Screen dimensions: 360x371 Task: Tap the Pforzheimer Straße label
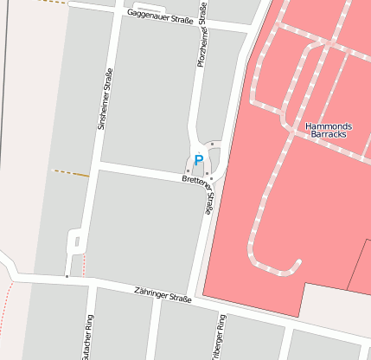(201, 35)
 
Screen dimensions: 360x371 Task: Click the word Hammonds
(329, 126)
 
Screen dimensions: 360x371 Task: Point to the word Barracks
(329, 137)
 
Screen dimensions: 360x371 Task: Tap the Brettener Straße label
(198, 181)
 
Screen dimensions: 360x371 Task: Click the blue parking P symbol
(198, 160)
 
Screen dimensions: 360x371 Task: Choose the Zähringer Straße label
(163, 297)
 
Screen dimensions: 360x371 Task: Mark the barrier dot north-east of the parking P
(213, 144)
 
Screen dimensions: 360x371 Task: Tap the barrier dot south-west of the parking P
(188, 171)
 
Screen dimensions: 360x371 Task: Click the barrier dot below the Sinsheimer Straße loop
(67, 276)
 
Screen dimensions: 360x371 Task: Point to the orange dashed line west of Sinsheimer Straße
(72, 173)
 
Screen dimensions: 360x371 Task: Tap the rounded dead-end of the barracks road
(297, 262)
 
